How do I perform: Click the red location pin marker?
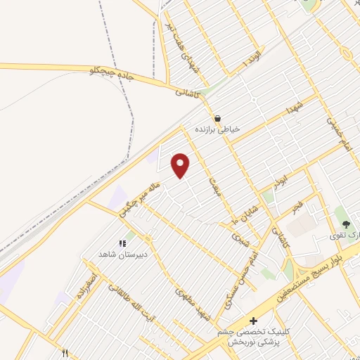pyautogui.click(x=181, y=165)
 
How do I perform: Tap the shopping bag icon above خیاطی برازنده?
pyautogui.click(x=217, y=118)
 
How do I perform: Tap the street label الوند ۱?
pyautogui.click(x=252, y=58)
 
